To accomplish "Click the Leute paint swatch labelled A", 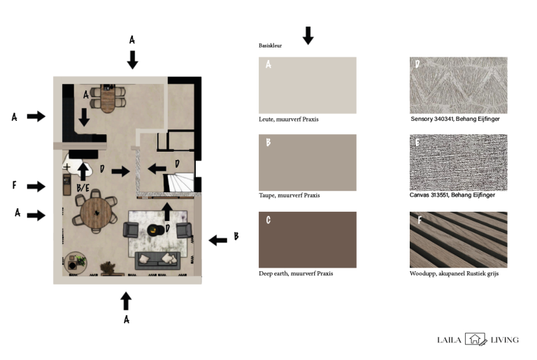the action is pyautogui.click(x=307, y=85).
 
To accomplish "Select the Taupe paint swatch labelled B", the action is pyautogui.click(x=307, y=162).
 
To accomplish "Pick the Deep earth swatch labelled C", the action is pyautogui.click(x=307, y=240).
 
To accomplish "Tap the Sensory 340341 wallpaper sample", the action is pyautogui.click(x=458, y=85).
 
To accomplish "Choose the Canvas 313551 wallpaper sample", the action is pyautogui.click(x=458, y=162).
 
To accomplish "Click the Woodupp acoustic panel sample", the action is pyautogui.click(x=458, y=240).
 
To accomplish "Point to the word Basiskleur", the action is pyautogui.click(x=270, y=45).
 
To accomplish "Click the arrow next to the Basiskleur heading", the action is pyautogui.click(x=308, y=36).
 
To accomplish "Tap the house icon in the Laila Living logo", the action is pyautogui.click(x=475, y=339).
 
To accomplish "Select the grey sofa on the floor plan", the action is pyautogui.click(x=157, y=261).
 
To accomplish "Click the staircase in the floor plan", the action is pyautogui.click(x=178, y=182).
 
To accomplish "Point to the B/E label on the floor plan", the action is pyautogui.click(x=83, y=188).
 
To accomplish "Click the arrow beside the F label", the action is pyautogui.click(x=36, y=187).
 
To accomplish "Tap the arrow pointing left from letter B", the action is pyautogui.click(x=218, y=240).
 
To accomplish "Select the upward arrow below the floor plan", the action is pyautogui.click(x=126, y=301).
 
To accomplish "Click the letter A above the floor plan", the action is pyautogui.click(x=132, y=40).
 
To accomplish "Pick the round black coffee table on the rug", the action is pyautogui.click(x=155, y=230).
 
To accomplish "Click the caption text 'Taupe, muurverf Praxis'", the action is pyautogui.click(x=289, y=196).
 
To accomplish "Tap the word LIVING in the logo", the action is pyautogui.click(x=504, y=340).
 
